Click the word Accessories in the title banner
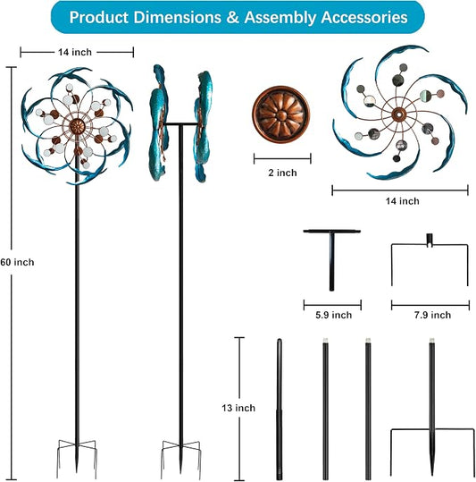pos(364,17)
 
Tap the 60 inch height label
pos(17,262)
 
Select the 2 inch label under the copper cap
pos(282,173)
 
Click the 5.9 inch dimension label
pos(334,315)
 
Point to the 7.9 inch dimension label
pos(432,315)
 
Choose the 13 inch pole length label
pos(238,408)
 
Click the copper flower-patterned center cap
pos(281,114)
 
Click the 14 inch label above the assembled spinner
pos(75,52)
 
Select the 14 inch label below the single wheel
pos(403,201)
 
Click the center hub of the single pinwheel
pos(398,114)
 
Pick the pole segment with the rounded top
pos(280,409)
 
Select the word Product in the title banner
pos(98,17)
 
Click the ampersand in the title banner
pos(232,17)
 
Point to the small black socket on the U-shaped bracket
pos(430,240)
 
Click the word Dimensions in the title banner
pos(177,17)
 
